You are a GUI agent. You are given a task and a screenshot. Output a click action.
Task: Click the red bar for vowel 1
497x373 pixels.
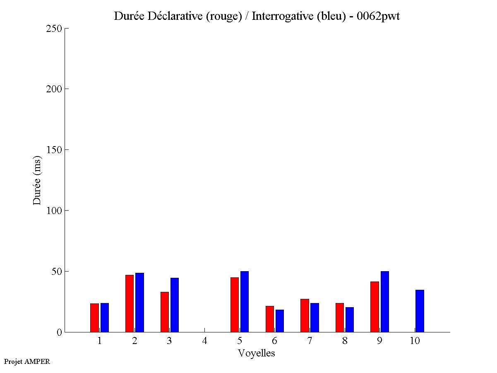pos(94,318)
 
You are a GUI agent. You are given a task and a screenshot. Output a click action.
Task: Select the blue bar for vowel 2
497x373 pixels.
pos(139,302)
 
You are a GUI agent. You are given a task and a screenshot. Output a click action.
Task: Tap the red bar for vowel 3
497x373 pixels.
pos(165,312)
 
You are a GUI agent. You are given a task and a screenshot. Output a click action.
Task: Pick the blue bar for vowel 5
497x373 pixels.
pos(245,301)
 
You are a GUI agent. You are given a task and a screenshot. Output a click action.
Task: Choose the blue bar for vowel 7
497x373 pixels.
pos(315,318)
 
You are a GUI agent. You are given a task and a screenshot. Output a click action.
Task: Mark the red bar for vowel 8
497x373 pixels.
pos(340,318)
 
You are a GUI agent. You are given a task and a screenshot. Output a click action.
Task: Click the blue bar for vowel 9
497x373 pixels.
pos(385,301)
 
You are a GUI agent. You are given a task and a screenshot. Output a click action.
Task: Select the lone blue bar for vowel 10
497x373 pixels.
pos(420,311)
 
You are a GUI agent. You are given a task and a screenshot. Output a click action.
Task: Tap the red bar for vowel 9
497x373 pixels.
pos(375,307)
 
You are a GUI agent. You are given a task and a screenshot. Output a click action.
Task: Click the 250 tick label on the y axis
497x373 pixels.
pos(53,29)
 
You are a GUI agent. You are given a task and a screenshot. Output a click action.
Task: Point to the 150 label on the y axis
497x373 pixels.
pos(53,150)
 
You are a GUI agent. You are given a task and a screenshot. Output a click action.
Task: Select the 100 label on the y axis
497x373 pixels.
pos(53,211)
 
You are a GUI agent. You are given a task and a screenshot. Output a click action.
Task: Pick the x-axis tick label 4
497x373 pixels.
pos(204,341)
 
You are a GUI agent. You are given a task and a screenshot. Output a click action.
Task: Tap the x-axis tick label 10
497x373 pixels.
pos(415,341)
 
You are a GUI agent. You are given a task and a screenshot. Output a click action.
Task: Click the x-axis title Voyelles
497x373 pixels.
pos(257,353)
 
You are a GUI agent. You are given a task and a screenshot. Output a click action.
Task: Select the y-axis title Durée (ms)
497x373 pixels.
pos(37,180)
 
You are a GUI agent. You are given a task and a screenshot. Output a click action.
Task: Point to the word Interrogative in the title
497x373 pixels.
pos(278,17)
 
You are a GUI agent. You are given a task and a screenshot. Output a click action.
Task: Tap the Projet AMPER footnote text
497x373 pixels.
pos(27,361)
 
